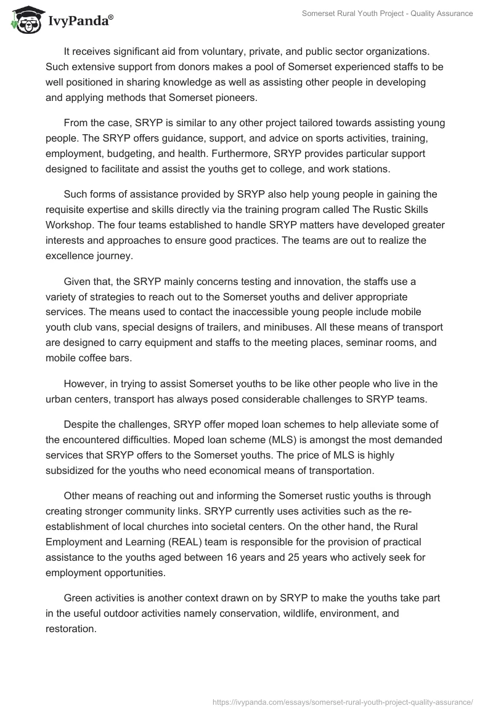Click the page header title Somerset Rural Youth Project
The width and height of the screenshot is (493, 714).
387,14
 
